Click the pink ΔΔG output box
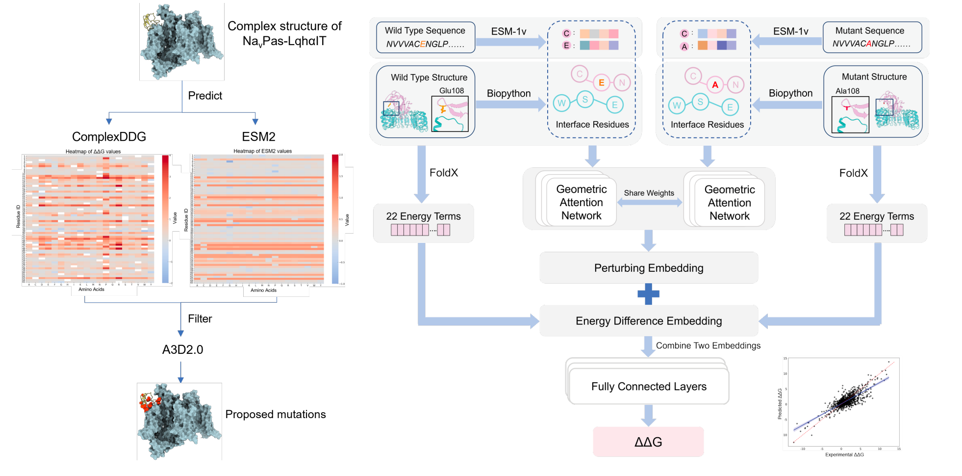[x=648, y=442]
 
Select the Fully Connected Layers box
[x=649, y=387]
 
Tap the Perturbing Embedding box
[x=649, y=268]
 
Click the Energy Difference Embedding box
[x=649, y=321]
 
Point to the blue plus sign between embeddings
[x=649, y=294]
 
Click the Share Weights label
[x=649, y=193]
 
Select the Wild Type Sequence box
[x=425, y=37]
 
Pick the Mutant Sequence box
[x=872, y=37]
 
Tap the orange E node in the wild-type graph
[x=602, y=83]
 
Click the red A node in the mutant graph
[x=715, y=85]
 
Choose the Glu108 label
[x=452, y=91]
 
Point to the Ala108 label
[x=847, y=91]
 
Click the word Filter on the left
[x=200, y=319]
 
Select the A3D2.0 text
[x=182, y=350]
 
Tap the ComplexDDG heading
[x=109, y=137]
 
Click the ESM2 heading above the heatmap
[x=258, y=137]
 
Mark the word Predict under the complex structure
[x=205, y=96]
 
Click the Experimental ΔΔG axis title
[x=844, y=455]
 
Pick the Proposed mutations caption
[x=276, y=415]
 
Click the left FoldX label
[x=444, y=173]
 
